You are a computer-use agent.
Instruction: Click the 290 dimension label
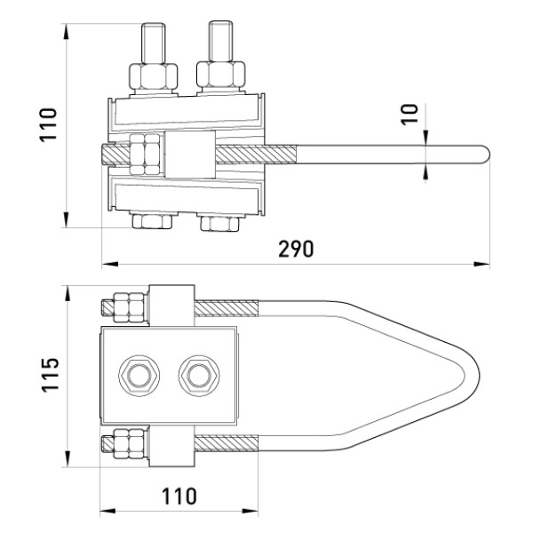pos(296,249)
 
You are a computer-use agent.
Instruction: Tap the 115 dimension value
pos(51,375)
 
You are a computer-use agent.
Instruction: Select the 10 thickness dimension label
pos(409,115)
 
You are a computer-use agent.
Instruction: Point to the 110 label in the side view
pos(48,124)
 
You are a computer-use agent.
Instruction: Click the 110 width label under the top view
pos(179,497)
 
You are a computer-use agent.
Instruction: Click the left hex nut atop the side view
pos(154,76)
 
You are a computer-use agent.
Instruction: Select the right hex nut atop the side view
pos(221,76)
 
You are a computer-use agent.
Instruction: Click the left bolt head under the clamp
pos(152,221)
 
